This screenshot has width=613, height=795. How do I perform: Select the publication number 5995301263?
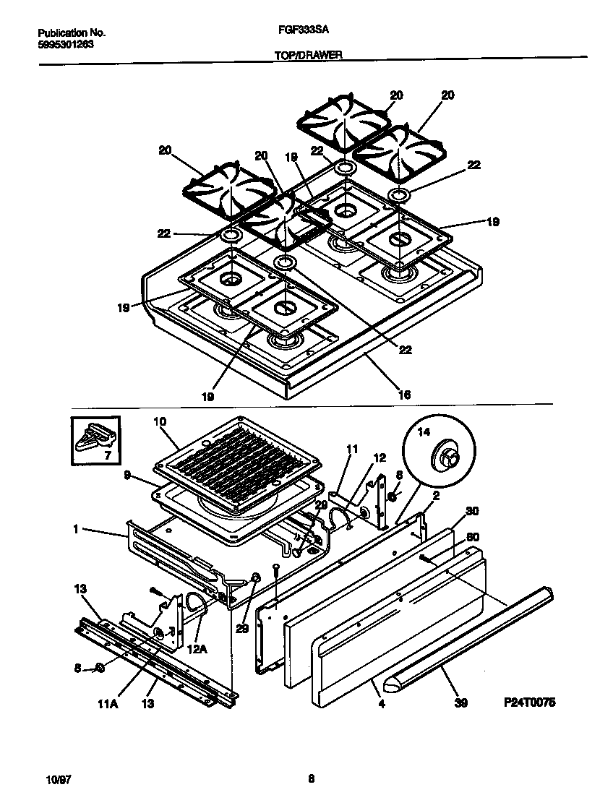65,43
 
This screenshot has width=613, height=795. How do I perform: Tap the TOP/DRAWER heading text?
308,54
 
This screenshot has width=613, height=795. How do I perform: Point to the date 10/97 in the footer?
55,778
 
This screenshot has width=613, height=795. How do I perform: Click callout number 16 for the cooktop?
404,395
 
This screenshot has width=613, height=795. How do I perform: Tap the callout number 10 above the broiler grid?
160,421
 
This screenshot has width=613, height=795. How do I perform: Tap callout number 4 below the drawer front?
381,701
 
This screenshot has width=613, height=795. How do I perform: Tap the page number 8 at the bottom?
311,778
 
